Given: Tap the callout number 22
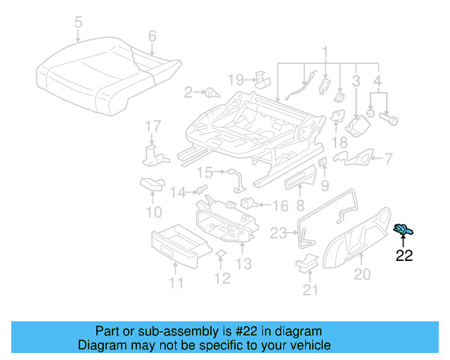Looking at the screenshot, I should [404, 255].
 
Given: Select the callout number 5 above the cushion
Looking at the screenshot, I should [78, 23].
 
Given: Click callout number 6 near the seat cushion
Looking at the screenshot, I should [152, 36].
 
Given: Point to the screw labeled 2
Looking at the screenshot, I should [210, 92].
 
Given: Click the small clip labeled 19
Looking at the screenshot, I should [261, 77].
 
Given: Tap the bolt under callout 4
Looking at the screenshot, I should [390, 119].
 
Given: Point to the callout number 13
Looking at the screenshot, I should [243, 264].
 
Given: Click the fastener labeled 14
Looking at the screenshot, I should [201, 190].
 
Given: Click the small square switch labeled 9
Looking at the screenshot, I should [323, 163].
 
